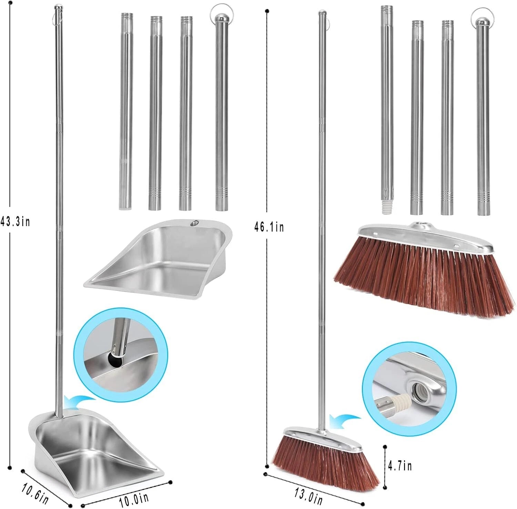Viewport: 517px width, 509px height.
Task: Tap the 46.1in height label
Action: tap(269, 227)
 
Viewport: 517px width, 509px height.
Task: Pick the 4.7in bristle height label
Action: tap(399, 466)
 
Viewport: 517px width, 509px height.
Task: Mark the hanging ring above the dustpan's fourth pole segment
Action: tap(219, 10)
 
